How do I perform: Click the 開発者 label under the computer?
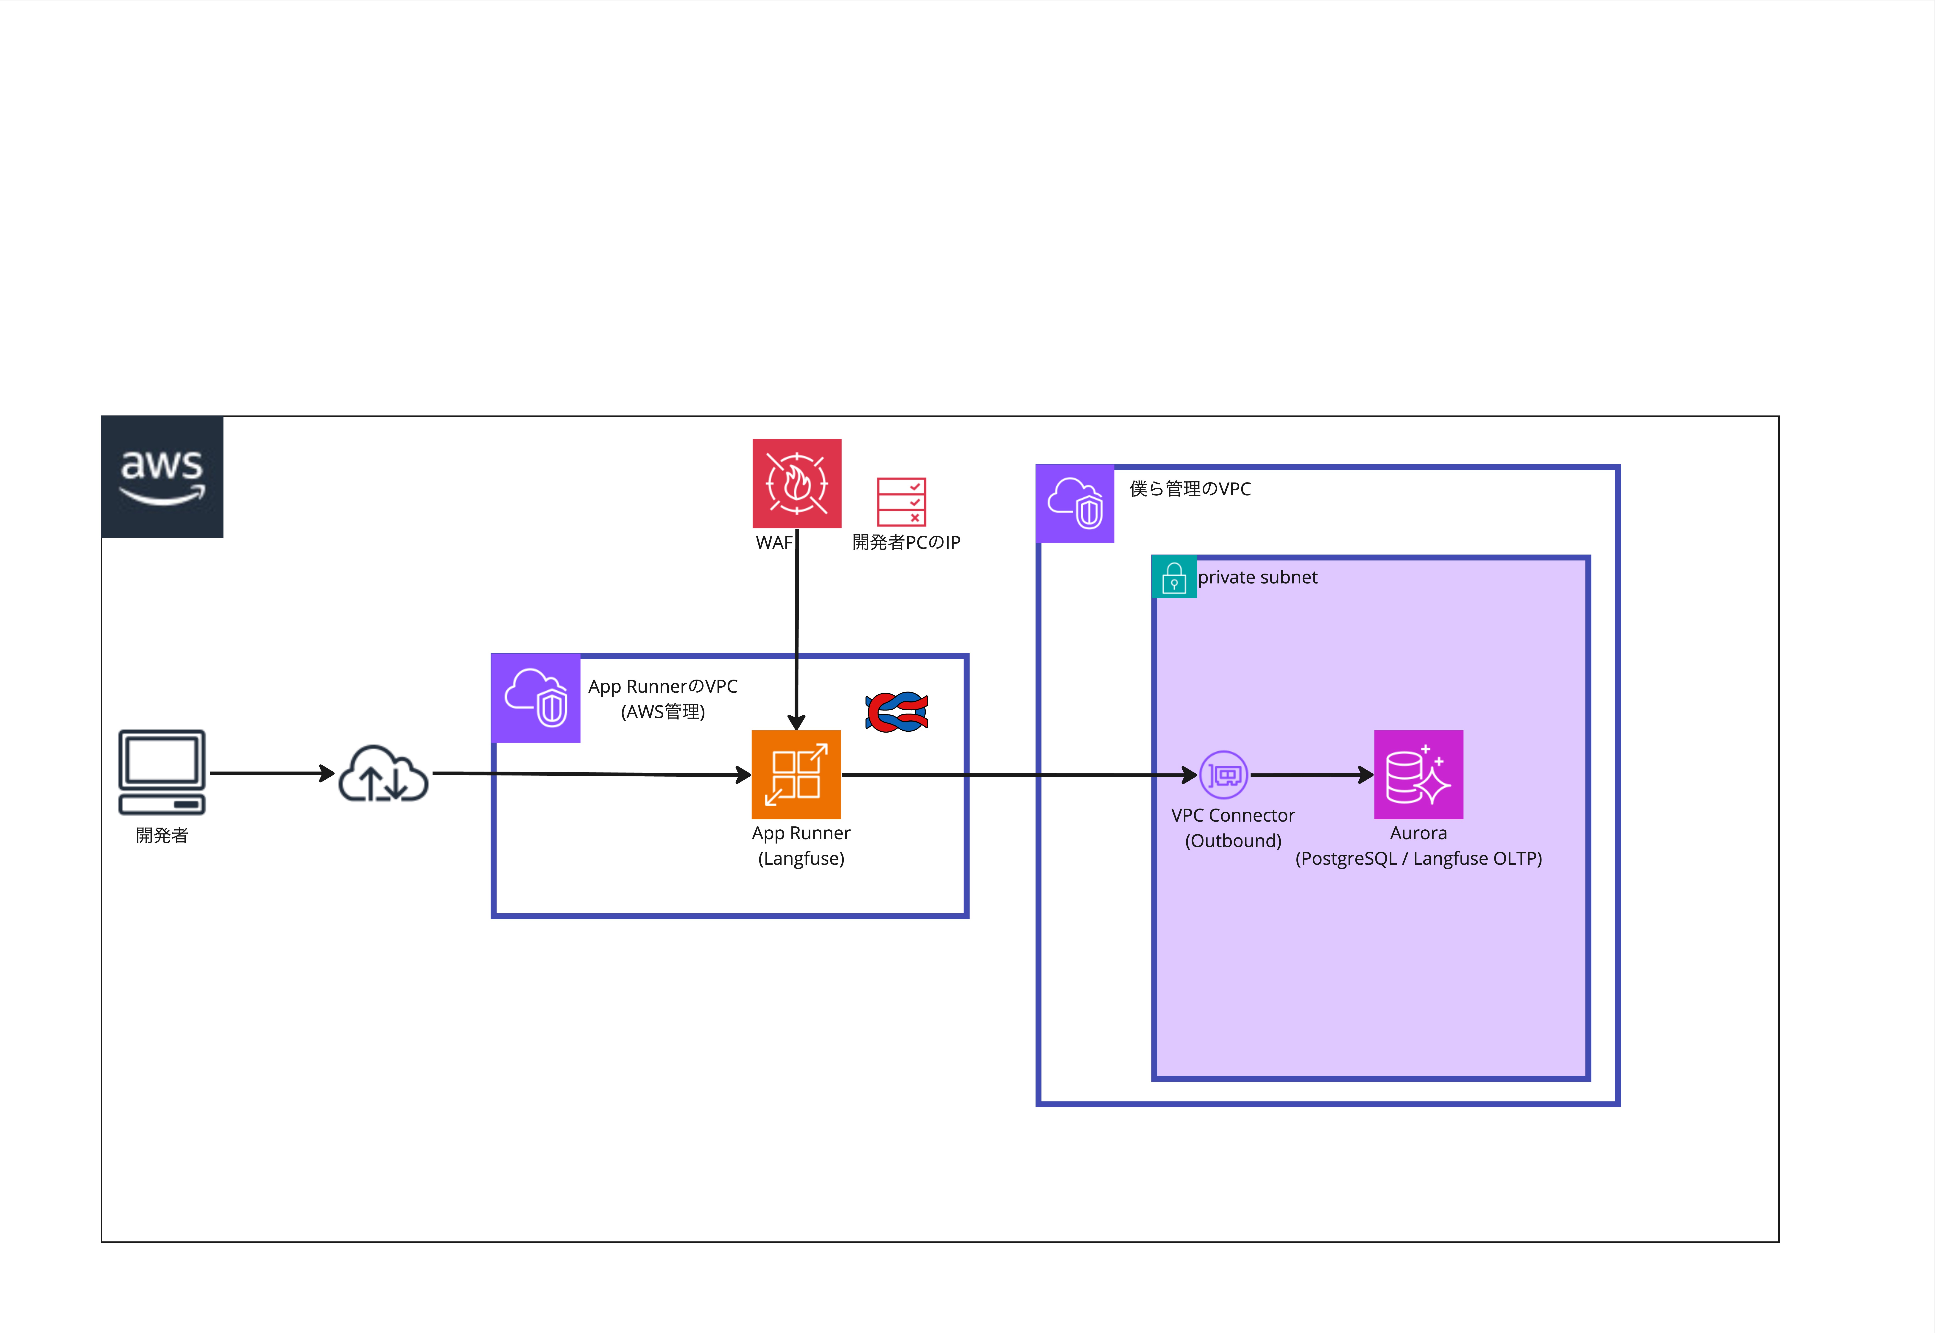[162, 835]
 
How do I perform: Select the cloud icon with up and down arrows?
[383, 774]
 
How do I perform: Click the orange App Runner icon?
[796, 774]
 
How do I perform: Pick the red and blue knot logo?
[897, 712]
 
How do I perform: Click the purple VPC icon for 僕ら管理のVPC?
[1075, 504]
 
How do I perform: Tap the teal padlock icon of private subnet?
[1173, 576]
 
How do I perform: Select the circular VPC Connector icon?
[1223, 775]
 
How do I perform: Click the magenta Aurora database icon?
[1418, 774]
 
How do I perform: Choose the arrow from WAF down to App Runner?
[797, 626]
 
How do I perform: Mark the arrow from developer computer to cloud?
[271, 773]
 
